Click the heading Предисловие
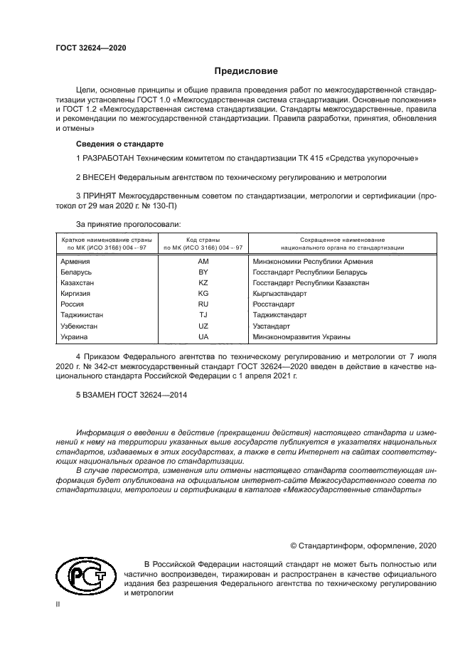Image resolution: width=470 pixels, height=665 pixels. [x=246, y=71]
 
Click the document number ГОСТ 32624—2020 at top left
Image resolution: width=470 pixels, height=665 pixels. [x=90, y=48]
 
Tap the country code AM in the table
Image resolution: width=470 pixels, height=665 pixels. [x=203, y=262]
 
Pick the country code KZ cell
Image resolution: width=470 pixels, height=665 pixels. [x=203, y=283]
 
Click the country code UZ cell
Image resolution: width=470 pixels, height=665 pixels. [x=203, y=326]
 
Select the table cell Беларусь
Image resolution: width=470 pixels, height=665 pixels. [x=77, y=272]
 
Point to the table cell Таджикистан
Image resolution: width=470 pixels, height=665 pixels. [x=82, y=315]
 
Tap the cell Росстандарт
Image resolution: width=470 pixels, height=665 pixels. [x=274, y=304]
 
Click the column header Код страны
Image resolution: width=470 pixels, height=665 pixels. [x=203, y=240]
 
